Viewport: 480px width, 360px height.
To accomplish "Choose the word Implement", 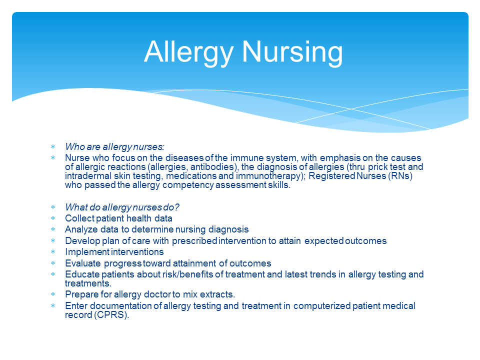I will tap(87, 251).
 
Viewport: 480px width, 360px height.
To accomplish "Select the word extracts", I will tap(217, 294).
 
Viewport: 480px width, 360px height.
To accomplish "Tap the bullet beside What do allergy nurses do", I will tap(52, 207).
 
